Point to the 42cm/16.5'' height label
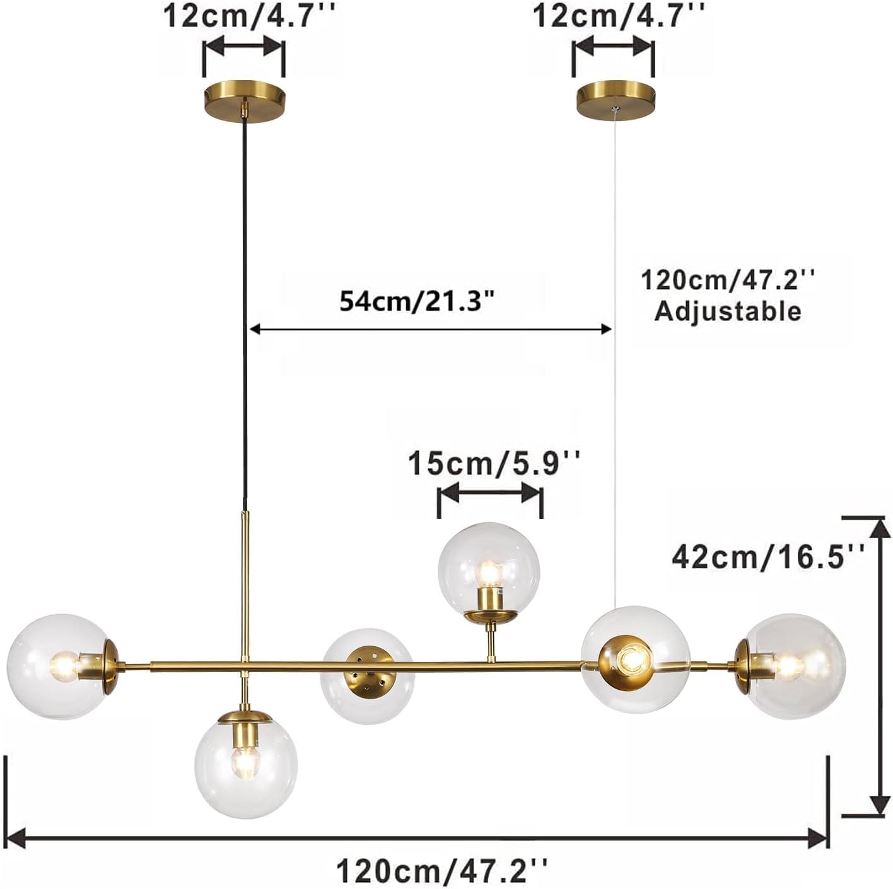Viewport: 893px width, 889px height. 768,556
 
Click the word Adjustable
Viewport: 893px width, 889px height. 728,311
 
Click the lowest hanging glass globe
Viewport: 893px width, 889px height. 245,764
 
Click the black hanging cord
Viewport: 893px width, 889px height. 243,315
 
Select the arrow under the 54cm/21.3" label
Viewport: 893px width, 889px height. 431,328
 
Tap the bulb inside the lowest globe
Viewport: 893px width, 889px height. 244,765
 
